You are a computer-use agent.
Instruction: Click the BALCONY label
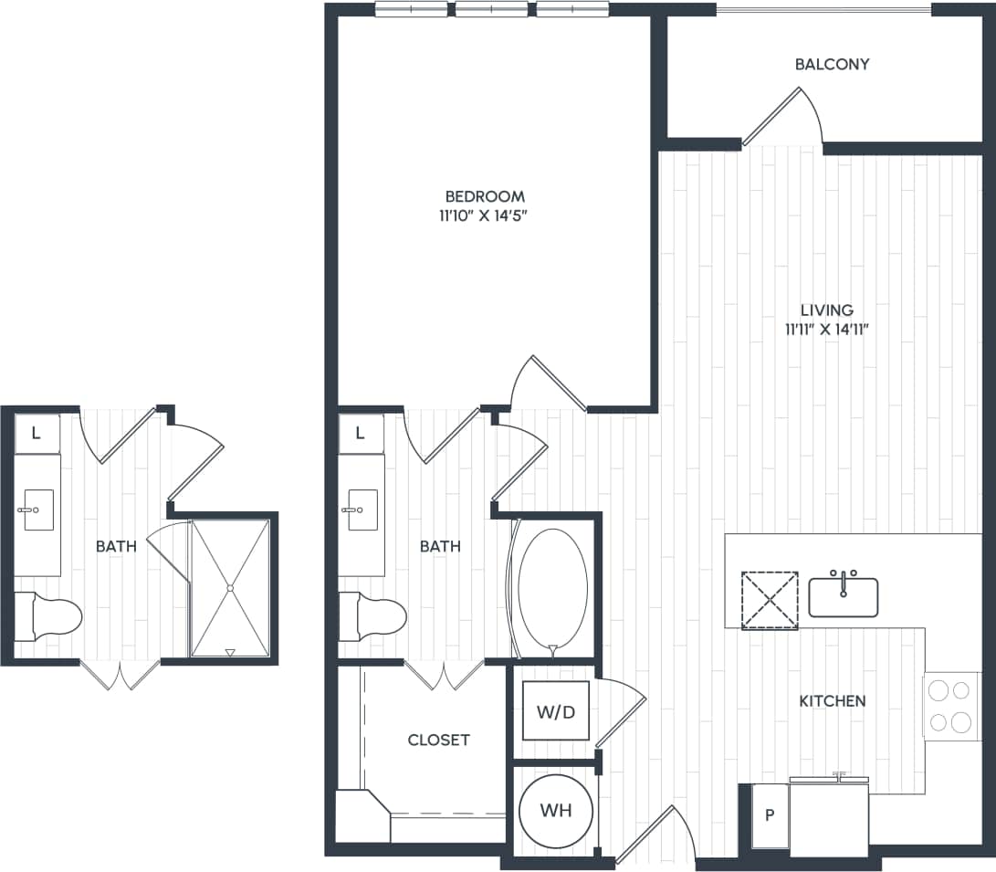coord(832,65)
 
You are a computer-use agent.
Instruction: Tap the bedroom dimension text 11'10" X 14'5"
coord(485,216)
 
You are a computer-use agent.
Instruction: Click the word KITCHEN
coord(832,701)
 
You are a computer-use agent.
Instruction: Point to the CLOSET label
coord(438,740)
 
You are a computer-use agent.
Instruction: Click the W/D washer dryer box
coord(555,710)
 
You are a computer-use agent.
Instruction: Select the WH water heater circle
coord(555,810)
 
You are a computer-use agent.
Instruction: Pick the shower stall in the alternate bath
coord(230,587)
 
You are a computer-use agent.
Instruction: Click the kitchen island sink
coord(843,596)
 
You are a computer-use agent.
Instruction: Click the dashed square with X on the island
coord(769,600)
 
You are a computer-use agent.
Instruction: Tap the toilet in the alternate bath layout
coord(49,617)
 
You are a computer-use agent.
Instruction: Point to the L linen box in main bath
coord(361,434)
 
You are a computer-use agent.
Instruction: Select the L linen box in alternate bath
coord(37,434)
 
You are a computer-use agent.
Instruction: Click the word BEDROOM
coord(485,196)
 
